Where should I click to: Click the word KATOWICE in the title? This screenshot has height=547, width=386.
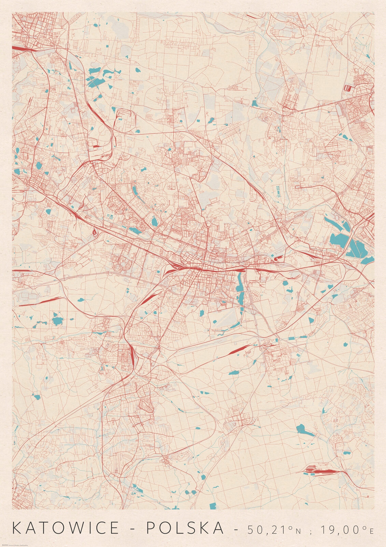66,528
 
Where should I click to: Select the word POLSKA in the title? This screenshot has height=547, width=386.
186,528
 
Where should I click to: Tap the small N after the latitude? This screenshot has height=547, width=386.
298,531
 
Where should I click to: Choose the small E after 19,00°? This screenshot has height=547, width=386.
372,531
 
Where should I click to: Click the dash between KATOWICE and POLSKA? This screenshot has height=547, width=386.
133,529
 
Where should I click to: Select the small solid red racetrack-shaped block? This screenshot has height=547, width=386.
347,88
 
